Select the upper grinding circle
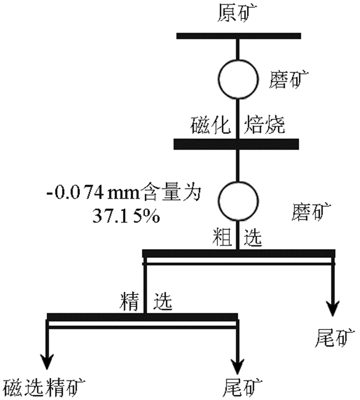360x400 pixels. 238,79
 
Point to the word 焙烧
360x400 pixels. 265,126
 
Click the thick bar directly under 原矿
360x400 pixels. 239,36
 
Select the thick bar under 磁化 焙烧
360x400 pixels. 237,144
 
